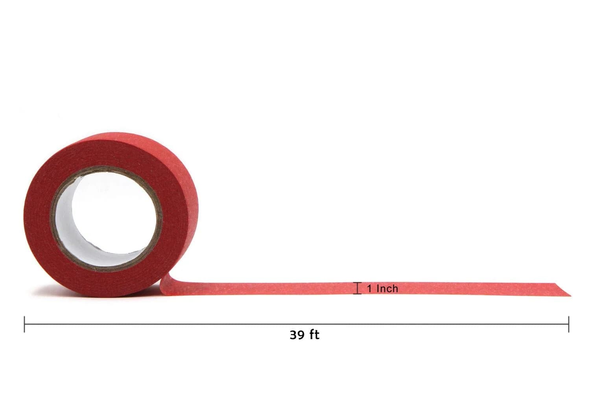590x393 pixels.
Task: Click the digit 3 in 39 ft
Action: click(x=293, y=335)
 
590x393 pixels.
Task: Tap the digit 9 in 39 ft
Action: click(x=302, y=335)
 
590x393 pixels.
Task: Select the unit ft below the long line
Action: click(x=314, y=335)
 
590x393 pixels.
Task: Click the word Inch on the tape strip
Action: click(x=387, y=289)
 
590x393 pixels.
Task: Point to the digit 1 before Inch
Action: click(x=370, y=289)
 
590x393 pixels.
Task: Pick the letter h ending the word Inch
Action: click(x=395, y=289)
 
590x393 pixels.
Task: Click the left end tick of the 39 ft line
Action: click(x=24, y=324)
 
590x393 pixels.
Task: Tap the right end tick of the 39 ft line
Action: click(x=569, y=324)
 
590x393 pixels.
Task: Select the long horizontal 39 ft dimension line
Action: click(x=297, y=324)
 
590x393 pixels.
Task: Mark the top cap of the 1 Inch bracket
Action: click(x=358, y=283)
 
